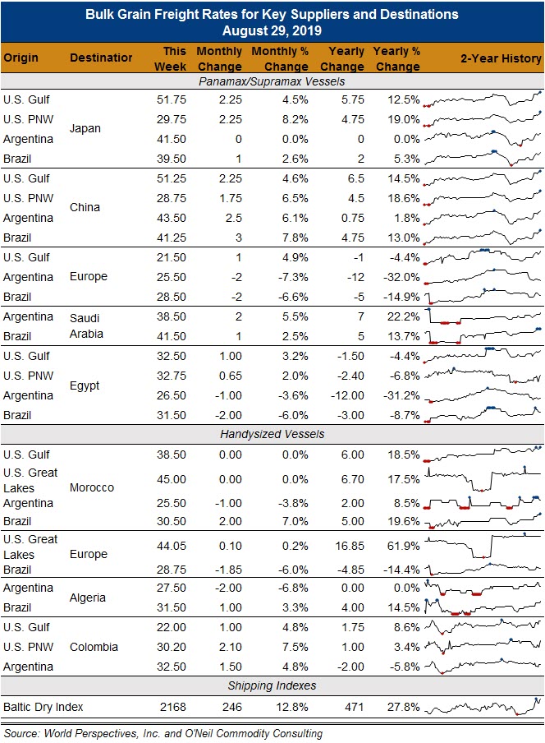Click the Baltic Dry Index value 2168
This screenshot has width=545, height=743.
pos(172,707)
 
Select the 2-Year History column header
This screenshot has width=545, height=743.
pos(501,58)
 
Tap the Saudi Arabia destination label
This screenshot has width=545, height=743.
pos(86,326)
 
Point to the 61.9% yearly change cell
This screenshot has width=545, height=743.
pos(403,546)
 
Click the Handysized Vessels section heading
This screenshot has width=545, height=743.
pos(272,434)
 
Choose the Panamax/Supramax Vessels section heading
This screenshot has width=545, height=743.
pos(272,81)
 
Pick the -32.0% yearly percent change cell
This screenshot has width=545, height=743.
pos(401,277)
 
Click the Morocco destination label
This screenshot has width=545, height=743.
pos(92,487)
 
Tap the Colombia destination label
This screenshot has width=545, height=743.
pos(94,647)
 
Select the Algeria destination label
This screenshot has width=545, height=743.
pos(88,598)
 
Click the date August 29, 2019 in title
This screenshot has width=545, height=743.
pos(272,30)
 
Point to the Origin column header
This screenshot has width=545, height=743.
pos(21,58)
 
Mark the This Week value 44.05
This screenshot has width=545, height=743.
pos(172,546)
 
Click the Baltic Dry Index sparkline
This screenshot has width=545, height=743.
pos(483,707)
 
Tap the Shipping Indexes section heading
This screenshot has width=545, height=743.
pos(272,685)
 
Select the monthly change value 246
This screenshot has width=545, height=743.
pos(231,707)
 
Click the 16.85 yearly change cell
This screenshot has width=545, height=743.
pos(350,546)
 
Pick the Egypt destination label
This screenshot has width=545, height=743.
pos(85,385)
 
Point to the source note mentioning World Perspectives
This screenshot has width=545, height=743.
pos(163,733)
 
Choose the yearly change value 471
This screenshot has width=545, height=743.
pos(355,707)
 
